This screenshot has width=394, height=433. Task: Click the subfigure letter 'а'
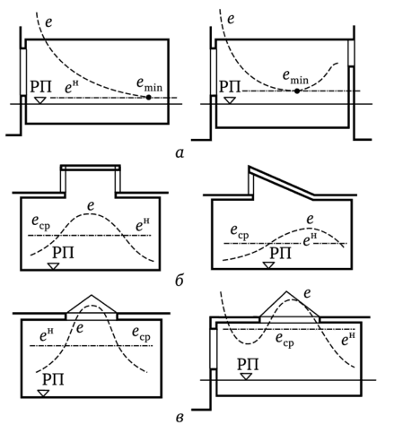tap(179, 153)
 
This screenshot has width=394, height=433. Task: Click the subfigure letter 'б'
tap(179, 281)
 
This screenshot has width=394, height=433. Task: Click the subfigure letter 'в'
tap(179, 418)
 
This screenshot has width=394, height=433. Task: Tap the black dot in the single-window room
tap(148, 97)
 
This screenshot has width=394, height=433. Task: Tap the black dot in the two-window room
tap(297, 91)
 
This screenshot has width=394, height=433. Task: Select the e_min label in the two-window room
tap(295, 78)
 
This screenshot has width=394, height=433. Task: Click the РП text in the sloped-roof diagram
tap(280, 254)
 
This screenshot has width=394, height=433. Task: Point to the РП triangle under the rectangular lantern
tap(54, 265)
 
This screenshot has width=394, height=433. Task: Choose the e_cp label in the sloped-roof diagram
tap(240, 232)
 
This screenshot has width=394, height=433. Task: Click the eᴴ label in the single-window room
tap(72, 86)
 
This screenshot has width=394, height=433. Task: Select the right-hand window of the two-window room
tap(351, 53)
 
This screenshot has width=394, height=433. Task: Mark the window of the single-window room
tap(23, 72)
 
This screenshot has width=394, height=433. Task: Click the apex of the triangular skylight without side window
tap(92, 295)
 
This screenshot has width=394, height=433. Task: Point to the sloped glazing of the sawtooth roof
tap(281, 183)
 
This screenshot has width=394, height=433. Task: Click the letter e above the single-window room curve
tap(48, 22)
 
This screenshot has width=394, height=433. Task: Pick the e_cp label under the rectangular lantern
tap(41, 223)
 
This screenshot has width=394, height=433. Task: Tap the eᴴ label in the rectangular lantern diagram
tap(143, 225)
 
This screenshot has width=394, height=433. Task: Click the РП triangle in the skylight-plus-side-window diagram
tap(246, 377)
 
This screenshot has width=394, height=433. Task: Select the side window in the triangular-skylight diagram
tap(214, 349)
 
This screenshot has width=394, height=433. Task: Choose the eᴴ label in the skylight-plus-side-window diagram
tap(348, 339)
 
